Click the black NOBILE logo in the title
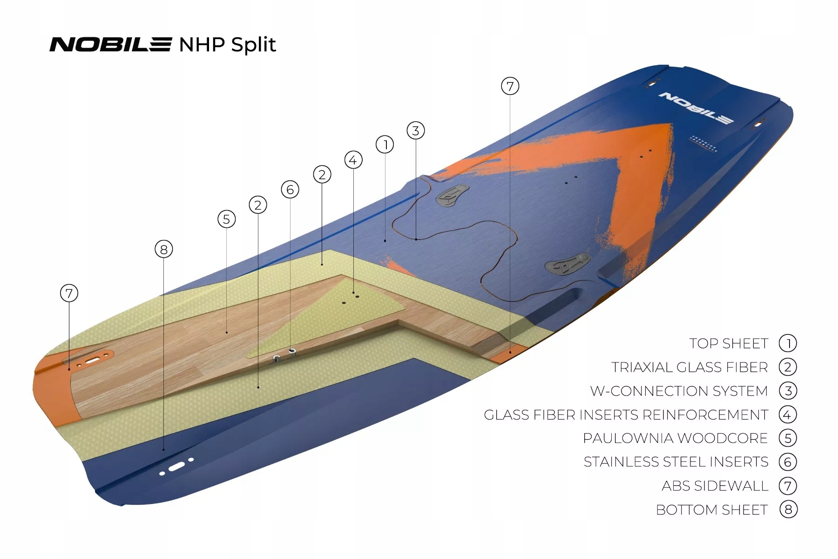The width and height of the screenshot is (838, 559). click(110, 45)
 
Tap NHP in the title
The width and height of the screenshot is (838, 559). click(202, 45)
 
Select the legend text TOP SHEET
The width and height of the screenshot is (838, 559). click(729, 344)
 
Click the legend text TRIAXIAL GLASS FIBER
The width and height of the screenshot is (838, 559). click(689, 368)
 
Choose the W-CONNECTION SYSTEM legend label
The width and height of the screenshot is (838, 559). click(679, 391)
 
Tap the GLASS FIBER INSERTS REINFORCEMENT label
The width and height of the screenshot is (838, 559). click(626, 415)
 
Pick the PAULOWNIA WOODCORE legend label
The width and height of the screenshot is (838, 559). click(675, 439)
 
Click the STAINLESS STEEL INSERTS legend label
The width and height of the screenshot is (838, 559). click(676, 462)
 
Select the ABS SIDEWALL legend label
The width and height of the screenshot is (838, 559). click(715, 486)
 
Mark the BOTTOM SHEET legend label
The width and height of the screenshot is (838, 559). click(712, 510)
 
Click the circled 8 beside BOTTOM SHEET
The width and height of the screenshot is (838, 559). click(788, 510)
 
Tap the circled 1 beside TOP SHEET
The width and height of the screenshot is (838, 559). click(788, 344)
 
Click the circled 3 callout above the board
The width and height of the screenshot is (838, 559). click(416, 131)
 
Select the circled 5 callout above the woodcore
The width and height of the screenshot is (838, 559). click(227, 219)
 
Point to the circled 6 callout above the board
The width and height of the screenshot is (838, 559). click(290, 190)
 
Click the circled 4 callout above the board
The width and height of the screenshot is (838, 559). click(353, 160)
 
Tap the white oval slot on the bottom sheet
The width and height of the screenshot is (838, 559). click(176, 466)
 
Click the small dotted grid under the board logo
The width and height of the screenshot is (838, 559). click(703, 144)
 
